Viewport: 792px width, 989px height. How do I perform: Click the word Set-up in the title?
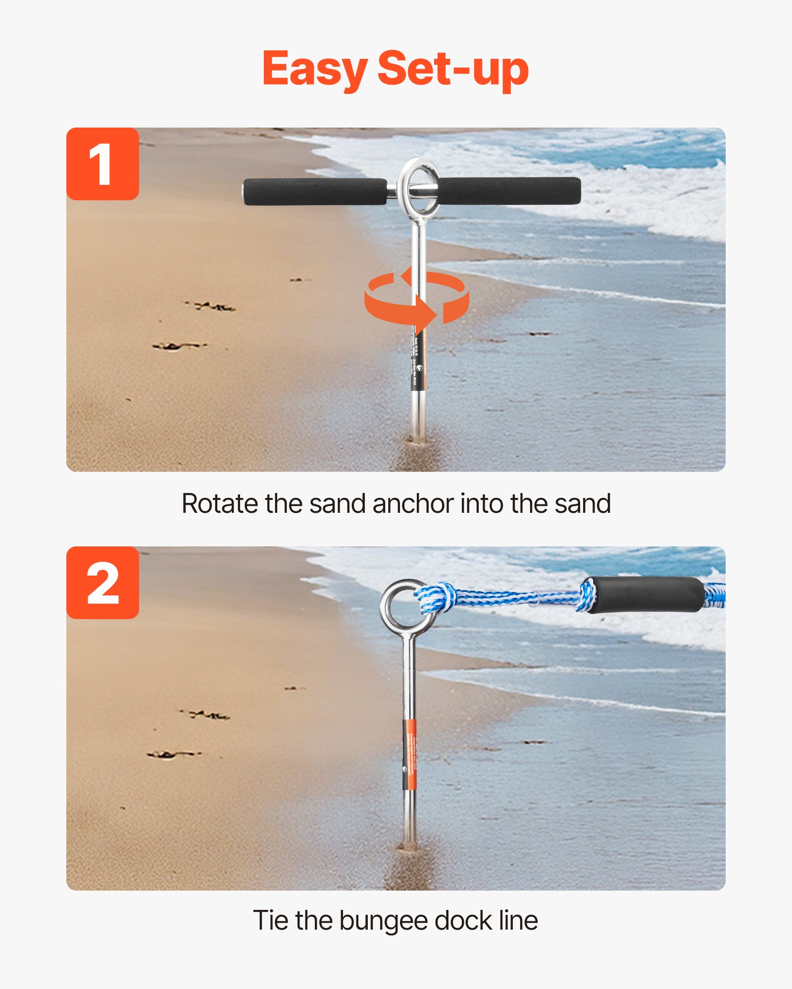pyautogui.click(x=452, y=69)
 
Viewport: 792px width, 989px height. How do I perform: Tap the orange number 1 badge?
pyautogui.click(x=102, y=164)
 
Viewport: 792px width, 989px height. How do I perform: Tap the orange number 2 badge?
pyautogui.click(x=102, y=583)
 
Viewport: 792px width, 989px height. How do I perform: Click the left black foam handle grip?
pyautogui.click(x=315, y=192)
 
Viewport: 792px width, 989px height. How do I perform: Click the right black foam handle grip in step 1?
pyautogui.click(x=510, y=191)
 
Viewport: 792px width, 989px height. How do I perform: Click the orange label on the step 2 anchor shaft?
pyautogui.click(x=410, y=754)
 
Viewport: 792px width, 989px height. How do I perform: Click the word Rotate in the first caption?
pyautogui.click(x=219, y=504)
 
